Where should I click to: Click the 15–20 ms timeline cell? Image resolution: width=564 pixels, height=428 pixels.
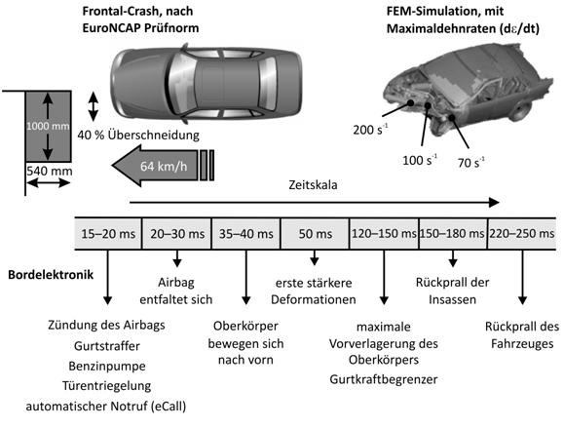pyautogui.click(x=108, y=234)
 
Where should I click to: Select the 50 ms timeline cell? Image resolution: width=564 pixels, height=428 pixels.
pyautogui.click(x=315, y=234)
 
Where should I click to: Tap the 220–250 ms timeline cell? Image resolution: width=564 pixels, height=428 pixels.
pyautogui.click(x=521, y=234)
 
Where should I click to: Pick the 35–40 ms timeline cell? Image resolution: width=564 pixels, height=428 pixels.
pyautogui.click(x=246, y=234)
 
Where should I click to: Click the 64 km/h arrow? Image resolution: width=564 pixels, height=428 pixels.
pyautogui.click(x=163, y=166)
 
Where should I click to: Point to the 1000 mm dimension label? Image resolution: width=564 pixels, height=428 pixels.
pyautogui.click(x=48, y=126)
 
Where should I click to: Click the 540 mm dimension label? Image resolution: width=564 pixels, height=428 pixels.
pyautogui.click(x=50, y=171)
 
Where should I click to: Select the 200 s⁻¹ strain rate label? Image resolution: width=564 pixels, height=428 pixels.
pyautogui.click(x=370, y=129)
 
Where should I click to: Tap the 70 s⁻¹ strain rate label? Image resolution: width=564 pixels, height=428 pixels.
pyautogui.click(x=470, y=162)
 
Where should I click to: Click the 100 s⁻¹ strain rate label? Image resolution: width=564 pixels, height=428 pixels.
pyautogui.click(x=420, y=160)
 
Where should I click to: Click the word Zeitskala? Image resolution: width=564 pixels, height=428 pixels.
pyautogui.click(x=313, y=184)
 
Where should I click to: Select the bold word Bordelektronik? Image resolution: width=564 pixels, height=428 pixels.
pyautogui.click(x=51, y=275)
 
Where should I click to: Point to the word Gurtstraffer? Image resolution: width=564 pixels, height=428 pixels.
pyautogui.click(x=107, y=346)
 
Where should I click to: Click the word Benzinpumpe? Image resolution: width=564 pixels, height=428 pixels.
pyautogui.click(x=107, y=366)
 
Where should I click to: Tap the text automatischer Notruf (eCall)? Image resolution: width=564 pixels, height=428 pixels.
pyautogui.click(x=106, y=406)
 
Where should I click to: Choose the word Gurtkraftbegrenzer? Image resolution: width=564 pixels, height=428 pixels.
pyautogui.click(x=384, y=379)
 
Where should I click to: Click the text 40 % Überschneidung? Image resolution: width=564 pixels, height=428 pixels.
pyautogui.click(x=138, y=135)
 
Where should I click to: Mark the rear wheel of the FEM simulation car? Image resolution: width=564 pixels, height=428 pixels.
pyautogui.click(x=521, y=110)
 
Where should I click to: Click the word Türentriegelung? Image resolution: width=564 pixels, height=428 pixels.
pyautogui.click(x=107, y=385)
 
